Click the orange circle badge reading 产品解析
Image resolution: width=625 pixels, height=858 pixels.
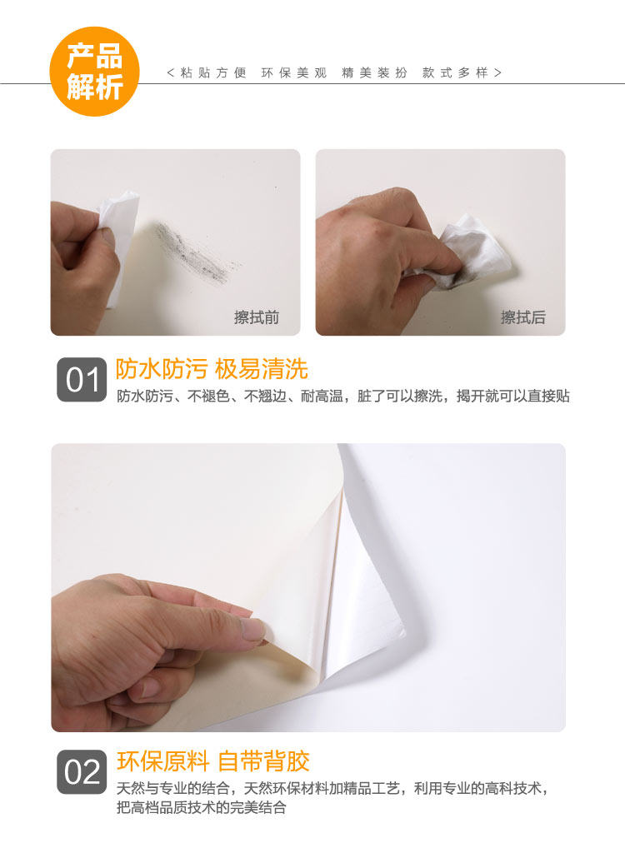click(95, 71)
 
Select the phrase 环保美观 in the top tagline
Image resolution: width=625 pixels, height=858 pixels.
click(294, 72)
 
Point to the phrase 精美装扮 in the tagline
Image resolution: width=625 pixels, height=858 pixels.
click(374, 72)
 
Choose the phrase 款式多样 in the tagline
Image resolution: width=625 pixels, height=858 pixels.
click(455, 72)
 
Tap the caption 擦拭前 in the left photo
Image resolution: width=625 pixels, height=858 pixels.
click(257, 317)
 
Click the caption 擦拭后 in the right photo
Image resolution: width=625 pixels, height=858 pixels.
click(523, 317)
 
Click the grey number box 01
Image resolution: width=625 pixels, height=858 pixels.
click(82, 380)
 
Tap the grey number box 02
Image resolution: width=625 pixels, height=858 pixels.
click(82, 772)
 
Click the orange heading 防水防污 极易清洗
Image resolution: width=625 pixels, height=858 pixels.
click(212, 369)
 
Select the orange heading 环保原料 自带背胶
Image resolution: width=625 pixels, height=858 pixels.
click(212, 761)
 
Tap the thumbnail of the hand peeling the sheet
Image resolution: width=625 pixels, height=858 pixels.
click(308, 587)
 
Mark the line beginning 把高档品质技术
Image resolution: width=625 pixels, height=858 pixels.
click(201, 807)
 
